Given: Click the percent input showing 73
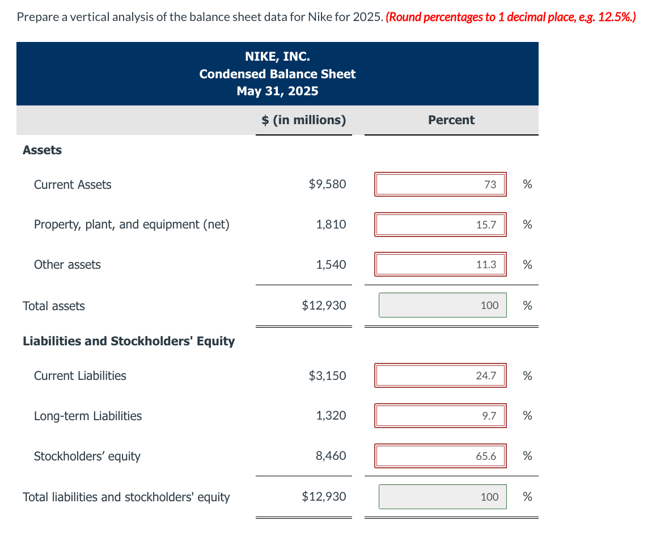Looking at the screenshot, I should pyautogui.click(x=441, y=185).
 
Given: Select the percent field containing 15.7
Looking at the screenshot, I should pyautogui.click(x=441, y=225).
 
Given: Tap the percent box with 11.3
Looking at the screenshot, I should pyautogui.click(x=441, y=265).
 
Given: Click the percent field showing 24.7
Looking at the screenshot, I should pyautogui.click(x=441, y=375).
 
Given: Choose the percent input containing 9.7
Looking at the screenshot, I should pyautogui.click(x=441, y=416).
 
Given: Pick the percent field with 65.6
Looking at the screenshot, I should pyautogui.click(x=441, y=456).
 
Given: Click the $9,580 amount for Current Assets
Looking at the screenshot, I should pyautogui.click(x=327, y=184).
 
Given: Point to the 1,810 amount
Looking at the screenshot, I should pyautogui.click(x=331, y=225).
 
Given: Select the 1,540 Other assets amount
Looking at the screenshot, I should pyautogui.click(x=331, y=265).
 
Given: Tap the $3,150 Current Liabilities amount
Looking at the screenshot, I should pyautogui.click(x=327, y=375).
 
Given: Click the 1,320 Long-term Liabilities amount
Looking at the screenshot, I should pyautogui.click(x=331, y=416).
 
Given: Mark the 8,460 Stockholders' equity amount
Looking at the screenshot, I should pyautogui.click(x=331, y=456).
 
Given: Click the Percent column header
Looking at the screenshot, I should pyautogui.click(x=451, y=120).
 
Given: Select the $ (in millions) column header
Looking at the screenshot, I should pyautogui.click(x=303, y=120).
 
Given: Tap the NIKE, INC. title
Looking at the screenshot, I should pyautogui.click(x=277, y=56).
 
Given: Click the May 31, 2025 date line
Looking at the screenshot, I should pyautogui.click(x=277, y=91).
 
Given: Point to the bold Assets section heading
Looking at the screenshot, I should pyautogui.click(x=42, y=150).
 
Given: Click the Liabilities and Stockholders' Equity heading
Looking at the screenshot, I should pyautogui.click(x=129, y=341).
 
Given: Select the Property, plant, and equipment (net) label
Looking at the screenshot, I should pyautogui.click(x=132, y=225).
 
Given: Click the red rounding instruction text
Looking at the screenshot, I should pyautogui.click(x=510, y=17).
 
